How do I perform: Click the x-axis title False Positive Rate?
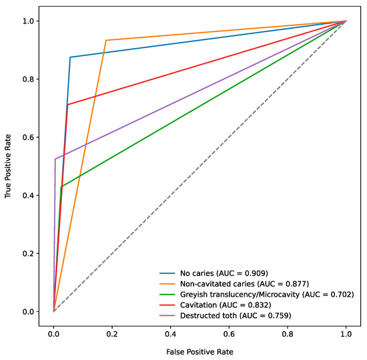click(x=200, y=349)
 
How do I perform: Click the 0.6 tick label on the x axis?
click(x=229, y=329)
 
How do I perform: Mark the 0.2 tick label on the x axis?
click(x=112, y=329)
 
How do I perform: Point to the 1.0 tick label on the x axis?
click(x=346, y=329)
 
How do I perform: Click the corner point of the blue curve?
click(x=70, y=57)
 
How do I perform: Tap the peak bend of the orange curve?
click(x=106, y=40)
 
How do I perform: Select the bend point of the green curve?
click(x=61, y=187)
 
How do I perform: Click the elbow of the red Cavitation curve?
click(x=67, y=104)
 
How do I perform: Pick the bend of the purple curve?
click(x=55, y=159)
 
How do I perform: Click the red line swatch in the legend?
click(x=167, y=305)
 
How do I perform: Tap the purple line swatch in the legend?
click(x=167, y=315)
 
